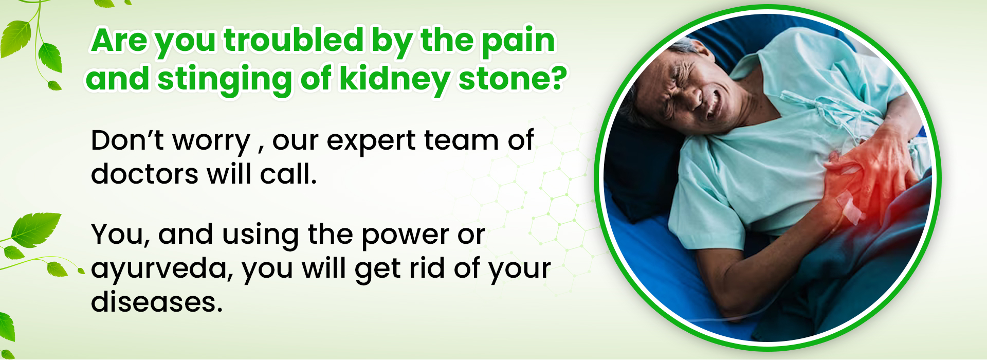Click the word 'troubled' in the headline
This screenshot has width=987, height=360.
294,40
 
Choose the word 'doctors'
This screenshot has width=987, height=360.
144,173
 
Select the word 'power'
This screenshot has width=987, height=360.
406,236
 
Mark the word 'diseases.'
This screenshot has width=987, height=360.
157,301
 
